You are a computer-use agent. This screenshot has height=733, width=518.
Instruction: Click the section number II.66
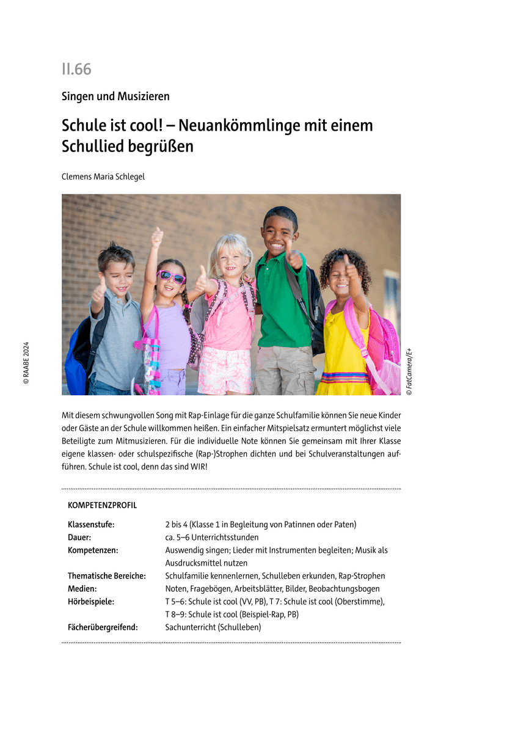[76, 70]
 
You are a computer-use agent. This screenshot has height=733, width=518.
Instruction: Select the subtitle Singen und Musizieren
[115, 97]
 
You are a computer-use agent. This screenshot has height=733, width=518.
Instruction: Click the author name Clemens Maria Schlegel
[103, 177]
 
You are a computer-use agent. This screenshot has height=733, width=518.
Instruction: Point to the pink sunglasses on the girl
[172, 277]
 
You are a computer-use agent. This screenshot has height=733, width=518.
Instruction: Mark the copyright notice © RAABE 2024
[26, 362]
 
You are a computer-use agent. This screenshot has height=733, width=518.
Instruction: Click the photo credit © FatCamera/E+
[409, 371]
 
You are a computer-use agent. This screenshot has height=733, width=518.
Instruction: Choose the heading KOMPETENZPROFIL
[103, 505]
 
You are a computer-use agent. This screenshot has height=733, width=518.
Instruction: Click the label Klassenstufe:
[91, 524]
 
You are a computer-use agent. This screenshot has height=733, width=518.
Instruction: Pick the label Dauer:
[79, 537]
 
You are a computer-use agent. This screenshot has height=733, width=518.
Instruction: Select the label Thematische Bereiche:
[107, 575]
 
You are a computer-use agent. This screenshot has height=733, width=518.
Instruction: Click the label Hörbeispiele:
[91, 601]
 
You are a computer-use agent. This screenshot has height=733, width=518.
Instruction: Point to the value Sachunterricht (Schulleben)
[213, 627]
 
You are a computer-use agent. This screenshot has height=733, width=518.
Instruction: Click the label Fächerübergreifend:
[103, 627]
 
